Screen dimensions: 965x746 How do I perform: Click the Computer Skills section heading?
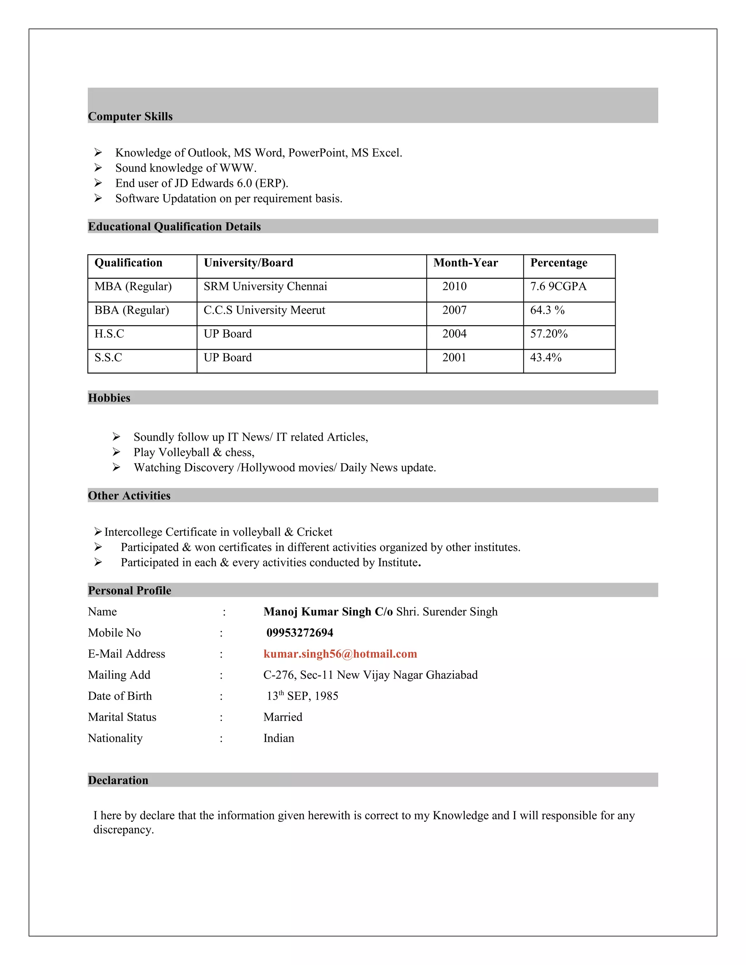(x=130, y=116)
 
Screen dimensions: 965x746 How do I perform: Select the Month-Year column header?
(x=466, y=263)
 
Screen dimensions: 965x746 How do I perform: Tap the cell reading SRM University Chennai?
(x=265, y=286)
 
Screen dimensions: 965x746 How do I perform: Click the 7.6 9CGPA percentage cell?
(x=558, y=286)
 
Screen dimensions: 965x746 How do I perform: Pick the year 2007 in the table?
(x=454, y=310)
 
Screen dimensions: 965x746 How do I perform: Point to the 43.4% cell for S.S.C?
(x=546, y=358)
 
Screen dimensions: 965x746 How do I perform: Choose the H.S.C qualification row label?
(x=109, y=334)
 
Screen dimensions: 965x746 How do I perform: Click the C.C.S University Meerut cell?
(x=264, y=310)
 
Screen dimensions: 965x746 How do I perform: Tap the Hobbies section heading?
(x=109, y=398)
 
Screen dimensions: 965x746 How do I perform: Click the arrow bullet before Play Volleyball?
(x=116, y=452)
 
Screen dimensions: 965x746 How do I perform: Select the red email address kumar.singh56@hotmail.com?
(x=340, y=654)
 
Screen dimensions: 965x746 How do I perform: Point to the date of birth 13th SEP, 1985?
(x=302, y=696)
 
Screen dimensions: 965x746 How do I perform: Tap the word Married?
(x=283, y=717)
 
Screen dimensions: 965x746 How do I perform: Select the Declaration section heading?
(x=118, y=780)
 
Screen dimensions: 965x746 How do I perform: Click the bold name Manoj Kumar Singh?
(x=317, y=611)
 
